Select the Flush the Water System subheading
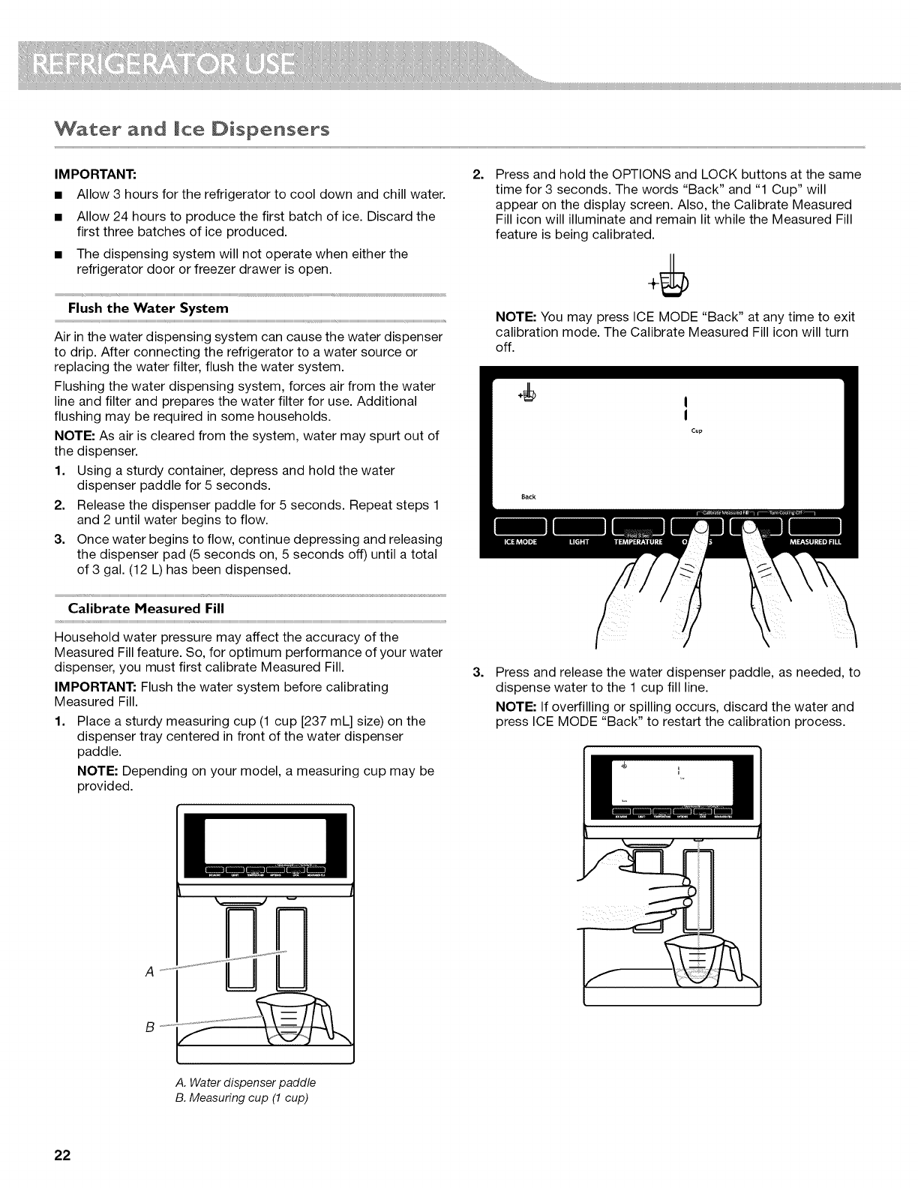click(x=148, y=308)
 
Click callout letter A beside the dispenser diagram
click(x=148, y=972)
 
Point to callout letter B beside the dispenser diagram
click(x=148, y=1027)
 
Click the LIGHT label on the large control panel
click(x=579, y=543)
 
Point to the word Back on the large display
click(x=528, y=496)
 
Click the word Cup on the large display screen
click(x=696, y=431)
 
